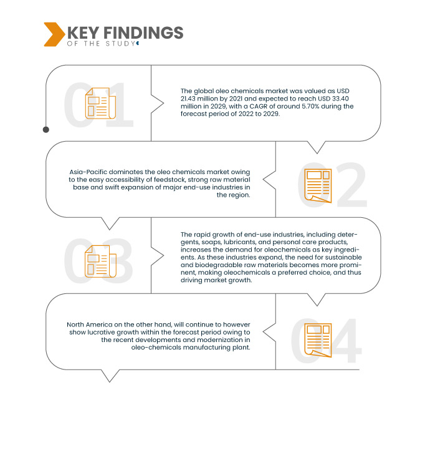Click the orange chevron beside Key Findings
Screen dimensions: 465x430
coord(54,34)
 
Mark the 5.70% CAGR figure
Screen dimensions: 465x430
coord(311,106)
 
